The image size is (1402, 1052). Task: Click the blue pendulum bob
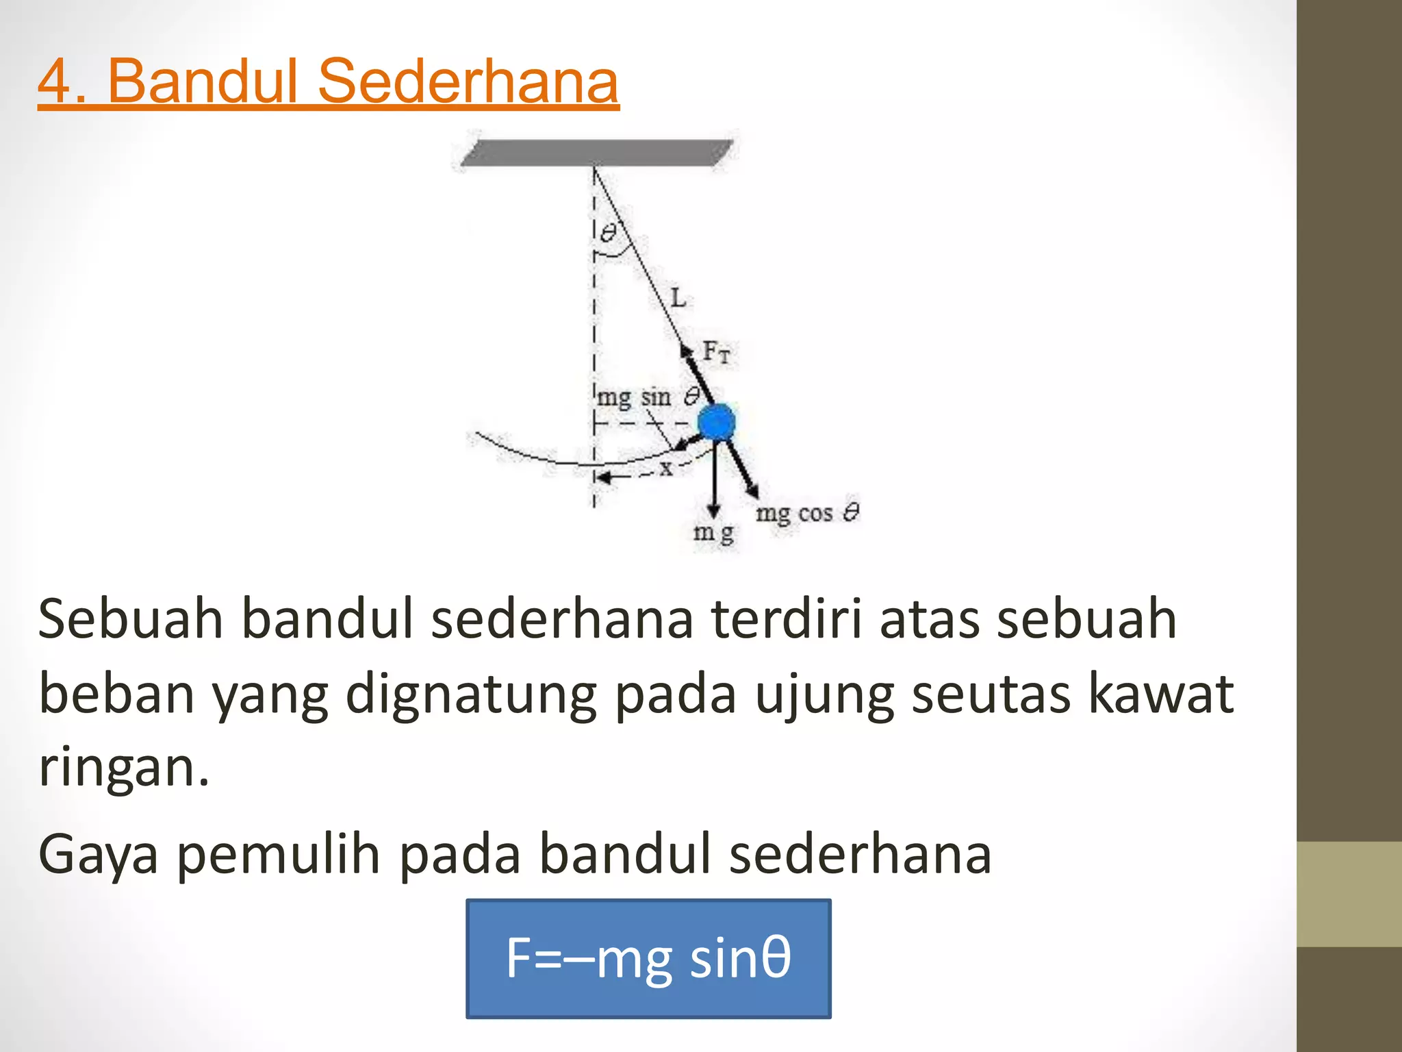[x=716, y=422]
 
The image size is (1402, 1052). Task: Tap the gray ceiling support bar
[x=596, y=153]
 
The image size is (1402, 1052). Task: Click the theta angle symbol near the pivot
[x=608, y=234]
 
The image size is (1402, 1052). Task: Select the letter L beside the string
[x=678, y=299]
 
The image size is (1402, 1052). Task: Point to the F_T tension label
[x=716, y=352]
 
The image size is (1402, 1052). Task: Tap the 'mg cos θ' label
[x=807, y=513]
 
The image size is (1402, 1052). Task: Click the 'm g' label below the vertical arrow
[x=713, y=533]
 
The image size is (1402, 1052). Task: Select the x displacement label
[x=665, y=468]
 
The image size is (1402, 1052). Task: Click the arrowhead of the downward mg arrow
[x=714, y=510]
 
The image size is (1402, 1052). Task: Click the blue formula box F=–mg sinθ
[x=648, y=958]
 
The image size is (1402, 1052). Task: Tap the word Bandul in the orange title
[x=203, y=82]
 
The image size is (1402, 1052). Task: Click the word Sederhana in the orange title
[x=468, y=82]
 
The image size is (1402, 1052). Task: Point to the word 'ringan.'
[x=123, y=768]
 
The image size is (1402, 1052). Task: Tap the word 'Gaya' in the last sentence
[x=99, y=856]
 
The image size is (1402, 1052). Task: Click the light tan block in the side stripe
[x=1349, y=894]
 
